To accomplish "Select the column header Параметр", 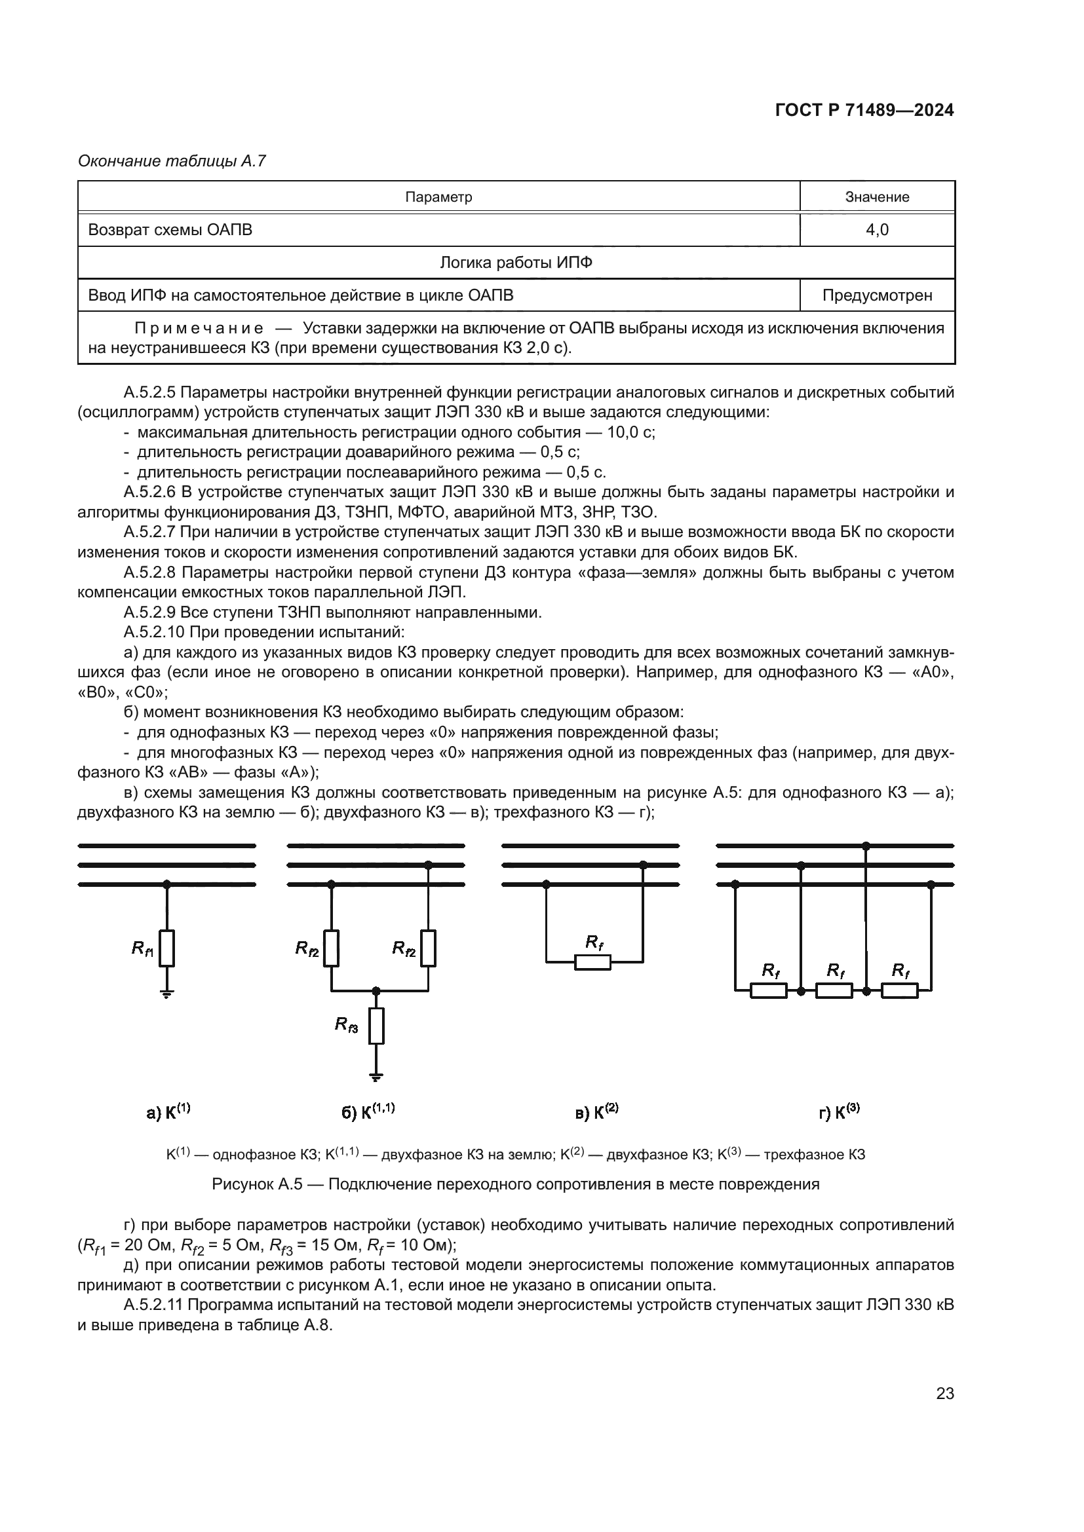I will click(x=438, y=197).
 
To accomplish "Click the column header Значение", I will click(x=876, y=197).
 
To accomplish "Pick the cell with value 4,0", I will click(x=876, y=229).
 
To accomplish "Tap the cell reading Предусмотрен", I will click(x=876, y=295).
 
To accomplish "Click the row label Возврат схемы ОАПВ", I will click(x=170, y=229).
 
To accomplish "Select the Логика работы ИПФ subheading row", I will click(x=515, y=262).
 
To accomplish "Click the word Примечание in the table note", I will click(x=198, y=328).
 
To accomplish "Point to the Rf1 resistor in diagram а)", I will click(x=167, y=948).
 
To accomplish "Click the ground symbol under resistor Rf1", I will click(x=167, y=994).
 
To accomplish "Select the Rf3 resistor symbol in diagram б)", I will click(x=376, y=1026).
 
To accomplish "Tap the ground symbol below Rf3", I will click(x=376, y=1076).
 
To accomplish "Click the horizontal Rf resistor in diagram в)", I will click(x=592, y=962).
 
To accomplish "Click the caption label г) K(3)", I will click(x=839, y=1112).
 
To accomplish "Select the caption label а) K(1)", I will click(x=168, y=1112).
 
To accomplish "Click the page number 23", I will click(x=944, y=1393).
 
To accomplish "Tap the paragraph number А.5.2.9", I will click(x=151, y=612).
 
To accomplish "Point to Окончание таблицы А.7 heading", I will click(x=172, y=161).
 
